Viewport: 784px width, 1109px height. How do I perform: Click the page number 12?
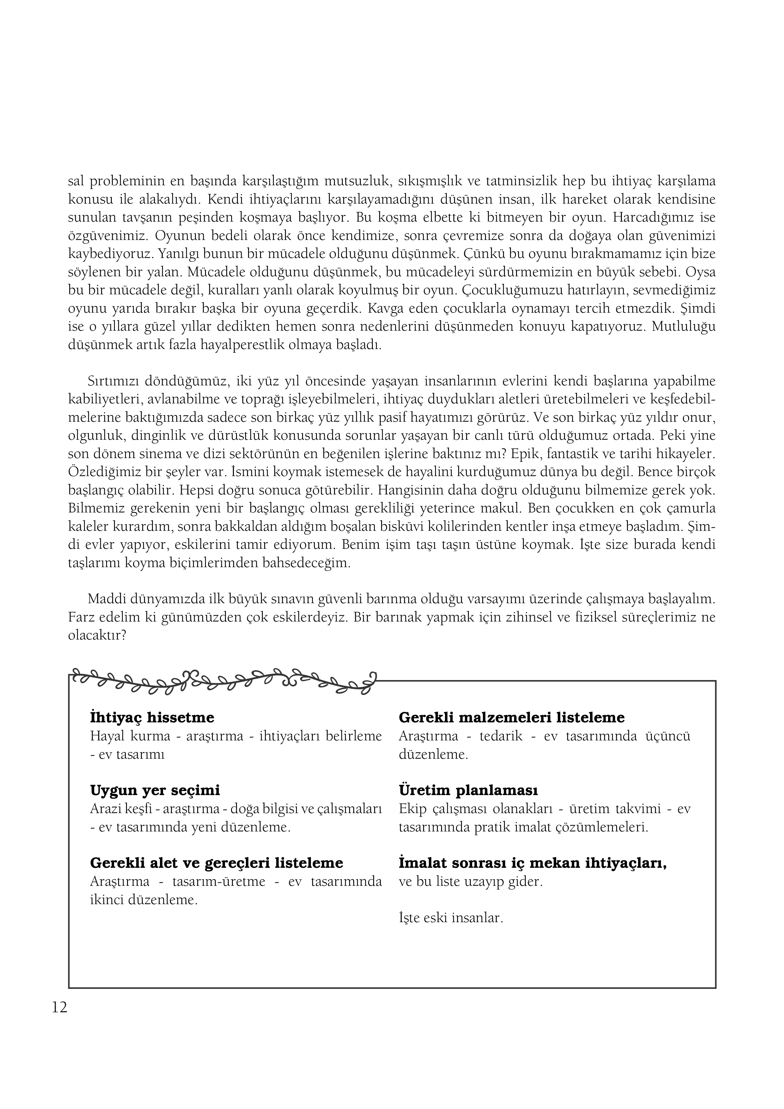pos(60,1008)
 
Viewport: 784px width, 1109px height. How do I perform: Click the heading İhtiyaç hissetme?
pos(152,718)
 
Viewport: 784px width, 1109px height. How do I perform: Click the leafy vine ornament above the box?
pos(222,682)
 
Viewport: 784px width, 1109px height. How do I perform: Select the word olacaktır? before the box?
pos(97,636)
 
